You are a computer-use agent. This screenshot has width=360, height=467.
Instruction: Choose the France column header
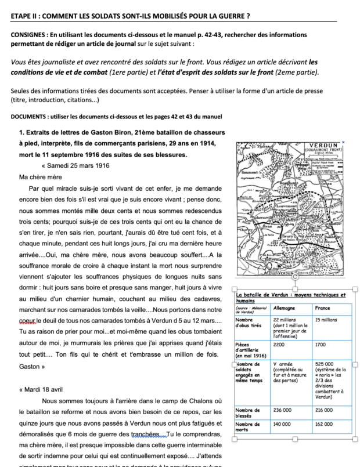(323, 307)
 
